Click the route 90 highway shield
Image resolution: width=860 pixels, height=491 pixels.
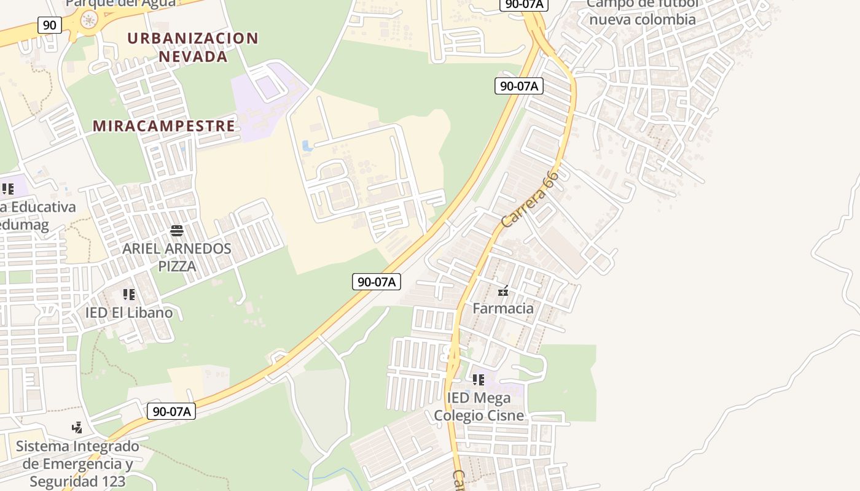[50, 25]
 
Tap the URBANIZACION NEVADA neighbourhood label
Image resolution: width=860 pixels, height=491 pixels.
[193, 47]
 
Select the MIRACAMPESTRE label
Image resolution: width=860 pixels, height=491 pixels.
[164, 126]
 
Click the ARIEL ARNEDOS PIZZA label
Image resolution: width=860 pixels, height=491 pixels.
[177, 257]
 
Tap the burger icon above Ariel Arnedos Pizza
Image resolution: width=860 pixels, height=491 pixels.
[177, 231]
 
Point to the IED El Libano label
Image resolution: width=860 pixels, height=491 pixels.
[129, 312]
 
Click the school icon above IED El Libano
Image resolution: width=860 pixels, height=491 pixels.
[129, 295]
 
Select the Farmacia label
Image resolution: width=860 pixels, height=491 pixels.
[503, 308]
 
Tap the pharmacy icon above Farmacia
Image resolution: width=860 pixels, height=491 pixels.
[503, 291]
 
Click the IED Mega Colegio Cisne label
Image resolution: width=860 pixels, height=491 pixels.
[479, 406]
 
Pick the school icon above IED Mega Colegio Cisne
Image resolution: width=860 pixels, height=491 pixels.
[479, 380]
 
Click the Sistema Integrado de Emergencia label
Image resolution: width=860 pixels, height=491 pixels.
[77, 463]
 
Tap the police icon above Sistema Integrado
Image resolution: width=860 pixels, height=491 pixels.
[77, 427]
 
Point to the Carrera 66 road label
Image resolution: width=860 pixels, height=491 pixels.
[530, 199]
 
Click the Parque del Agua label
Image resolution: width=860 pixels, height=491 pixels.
[120, 3]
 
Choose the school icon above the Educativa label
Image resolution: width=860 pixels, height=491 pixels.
[7, 189]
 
